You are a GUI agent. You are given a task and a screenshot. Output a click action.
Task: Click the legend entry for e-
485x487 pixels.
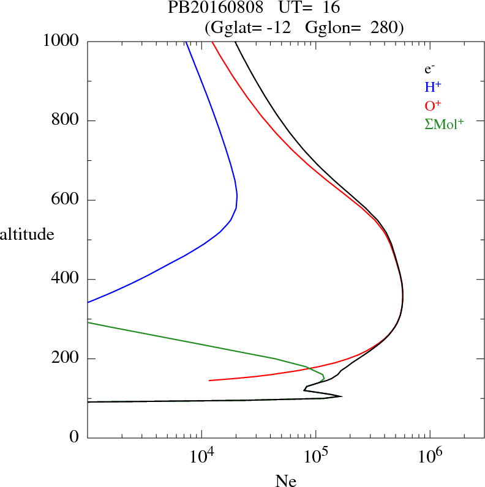click(429, 69)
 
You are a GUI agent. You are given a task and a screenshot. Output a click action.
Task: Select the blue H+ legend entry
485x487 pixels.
click(433, 87)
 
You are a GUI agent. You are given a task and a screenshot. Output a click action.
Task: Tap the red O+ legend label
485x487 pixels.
click(433, 105)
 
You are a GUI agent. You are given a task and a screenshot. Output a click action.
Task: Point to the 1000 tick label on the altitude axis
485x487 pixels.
click(62, 41)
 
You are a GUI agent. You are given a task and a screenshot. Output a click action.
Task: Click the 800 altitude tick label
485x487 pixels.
click(66, 121)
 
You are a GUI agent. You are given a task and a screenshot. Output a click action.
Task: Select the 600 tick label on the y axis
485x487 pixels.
click(66, 200)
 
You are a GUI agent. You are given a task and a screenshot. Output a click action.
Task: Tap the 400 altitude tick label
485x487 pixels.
click(66, 280)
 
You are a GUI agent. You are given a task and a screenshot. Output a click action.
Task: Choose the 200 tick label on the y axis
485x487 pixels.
click(66, 359)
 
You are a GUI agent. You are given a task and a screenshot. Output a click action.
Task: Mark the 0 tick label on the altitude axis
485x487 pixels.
click(74, 438)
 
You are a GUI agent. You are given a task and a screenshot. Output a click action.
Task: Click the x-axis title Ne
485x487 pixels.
click(285, 481)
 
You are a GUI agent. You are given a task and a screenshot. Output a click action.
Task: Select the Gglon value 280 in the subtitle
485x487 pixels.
click(386, 28)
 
